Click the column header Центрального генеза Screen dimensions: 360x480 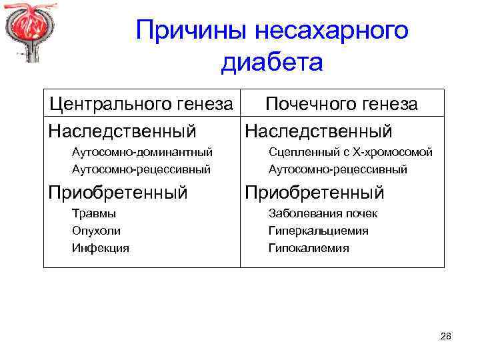pos(142,104)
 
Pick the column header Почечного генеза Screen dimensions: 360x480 pos(341,104)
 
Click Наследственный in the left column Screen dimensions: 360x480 pos(123,131)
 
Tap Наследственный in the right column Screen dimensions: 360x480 pos(319,131)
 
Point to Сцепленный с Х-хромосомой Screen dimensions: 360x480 pos(351,153)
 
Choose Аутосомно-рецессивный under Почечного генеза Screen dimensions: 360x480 pos(337,169)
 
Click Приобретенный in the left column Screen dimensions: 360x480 pos(118,193)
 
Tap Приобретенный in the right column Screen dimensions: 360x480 pos(315,193)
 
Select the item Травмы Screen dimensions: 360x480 pos(94,214)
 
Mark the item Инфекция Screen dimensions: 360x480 pos(101,248)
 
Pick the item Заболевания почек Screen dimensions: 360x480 pos(323,214)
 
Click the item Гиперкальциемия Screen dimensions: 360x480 pos(318,231)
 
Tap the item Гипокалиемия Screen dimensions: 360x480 pos(309,248)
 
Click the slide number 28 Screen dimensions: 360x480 pos(445,337)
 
